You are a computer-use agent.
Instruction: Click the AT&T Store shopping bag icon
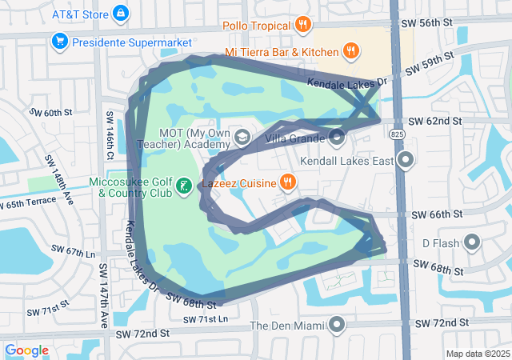pyautogui.click(x=120, y=14)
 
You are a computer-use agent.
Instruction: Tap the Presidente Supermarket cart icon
pyautogui.click(x=58, y=41)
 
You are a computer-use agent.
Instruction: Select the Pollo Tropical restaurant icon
pyautogui.click(x=302, y=26)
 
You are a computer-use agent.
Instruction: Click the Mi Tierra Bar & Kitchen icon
pyautogui.click(x=350, y=52)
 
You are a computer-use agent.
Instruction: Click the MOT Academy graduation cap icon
pyautogui.click(x=240, y=138)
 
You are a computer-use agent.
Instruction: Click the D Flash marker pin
pyautogui.click(x=472, y=242)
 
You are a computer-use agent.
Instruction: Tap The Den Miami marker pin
pyautogui.click(x=337, y=325)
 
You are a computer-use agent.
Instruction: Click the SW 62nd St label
pyautogui.click(x=435, y=121)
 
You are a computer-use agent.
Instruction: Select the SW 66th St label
pyautogui.click(x=436, y=214)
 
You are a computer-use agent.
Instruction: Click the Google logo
pyautogui.click(x=27, y=350)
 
